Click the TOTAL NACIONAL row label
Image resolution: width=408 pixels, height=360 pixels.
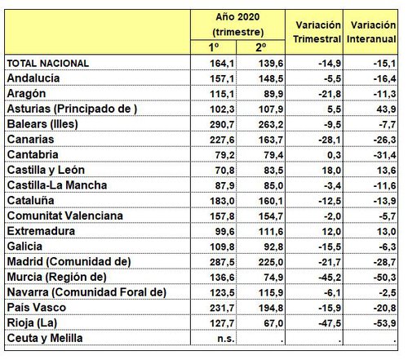pyautogui.click(x=59, y=63)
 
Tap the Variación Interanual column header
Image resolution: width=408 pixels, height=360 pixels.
pyautogui.click(x=371, y=32)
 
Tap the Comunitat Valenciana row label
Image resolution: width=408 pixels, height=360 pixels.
pyautogui.click(x=64, y=216)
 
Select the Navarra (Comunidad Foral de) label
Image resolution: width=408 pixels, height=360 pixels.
pyautogui.click(x=86, y=293)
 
